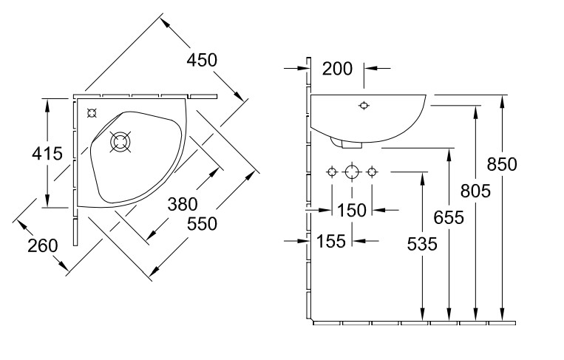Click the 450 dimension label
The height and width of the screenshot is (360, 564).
coord(202,60)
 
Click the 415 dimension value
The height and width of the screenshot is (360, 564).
coord(27,154)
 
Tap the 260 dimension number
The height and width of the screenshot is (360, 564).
coord(42,245)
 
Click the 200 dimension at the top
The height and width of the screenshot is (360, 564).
coord(337,69)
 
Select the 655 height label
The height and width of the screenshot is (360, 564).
coord(448,217)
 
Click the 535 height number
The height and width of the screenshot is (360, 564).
coord(421,242)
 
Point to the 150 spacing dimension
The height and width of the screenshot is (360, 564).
coord(352,210)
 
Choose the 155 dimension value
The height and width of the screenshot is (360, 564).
coord(331,241)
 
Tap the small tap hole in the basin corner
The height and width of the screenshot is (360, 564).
coord(92,113)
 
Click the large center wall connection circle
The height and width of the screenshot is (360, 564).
coord(352,171)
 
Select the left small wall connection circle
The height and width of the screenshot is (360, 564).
coord(332,171)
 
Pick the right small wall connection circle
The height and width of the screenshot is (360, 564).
coord(372,171)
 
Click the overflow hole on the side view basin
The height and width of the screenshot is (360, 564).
coord(363,106)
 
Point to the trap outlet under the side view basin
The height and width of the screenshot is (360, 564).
coord(337,140)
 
